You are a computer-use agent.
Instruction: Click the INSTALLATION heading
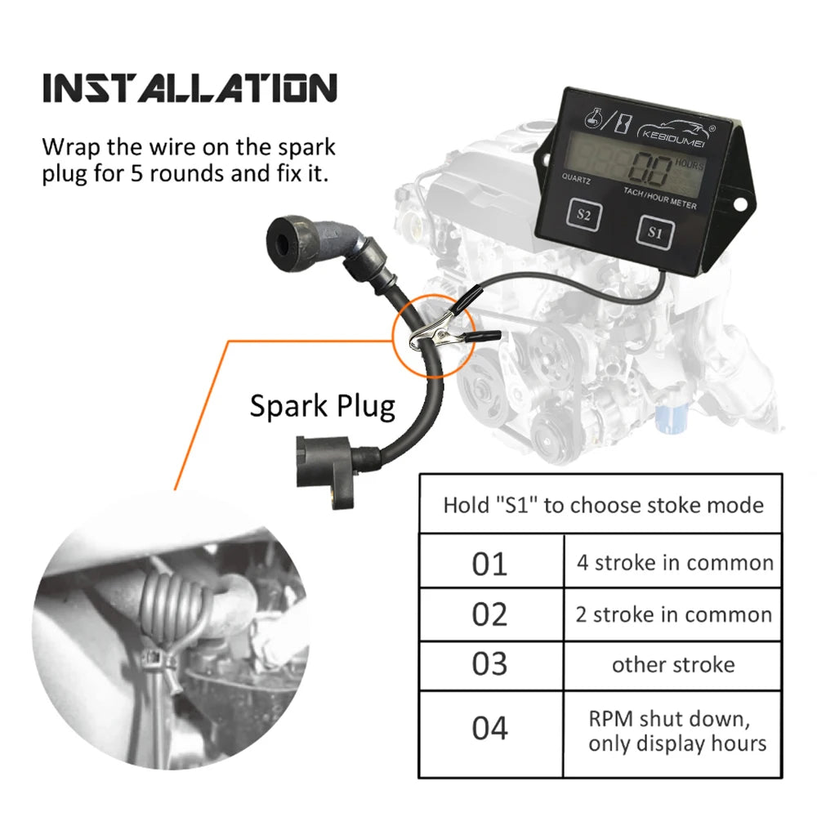(x=190, y=87)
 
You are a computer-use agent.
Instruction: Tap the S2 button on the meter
(x=583, y=214)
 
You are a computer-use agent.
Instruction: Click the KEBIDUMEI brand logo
(x=676, y=131)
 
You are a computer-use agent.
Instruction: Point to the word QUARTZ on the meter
(x=576, y=179)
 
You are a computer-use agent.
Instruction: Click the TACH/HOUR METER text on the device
(x=659, y=199)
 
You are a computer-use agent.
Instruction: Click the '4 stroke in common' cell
(x=673, y=562)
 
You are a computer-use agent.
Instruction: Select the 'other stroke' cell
(x=673, y=665)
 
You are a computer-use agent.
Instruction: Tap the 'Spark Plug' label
(x=323, y=407)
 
